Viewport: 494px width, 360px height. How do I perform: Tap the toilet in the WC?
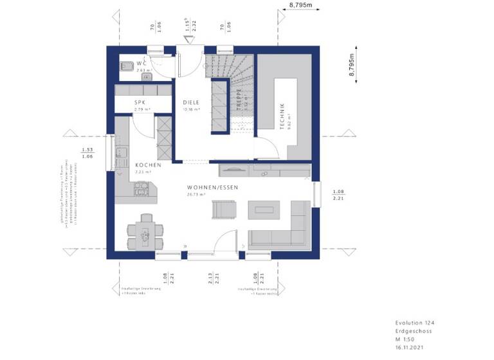pos(125,64)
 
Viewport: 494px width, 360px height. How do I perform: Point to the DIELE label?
pos(190,102)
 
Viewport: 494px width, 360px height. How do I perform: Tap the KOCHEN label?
pos(143,165)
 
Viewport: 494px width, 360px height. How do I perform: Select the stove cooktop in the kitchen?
pos(142,189)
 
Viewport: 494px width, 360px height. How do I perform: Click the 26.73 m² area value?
pos(195,194)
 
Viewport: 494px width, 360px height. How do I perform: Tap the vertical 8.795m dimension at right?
pos(352,65)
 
